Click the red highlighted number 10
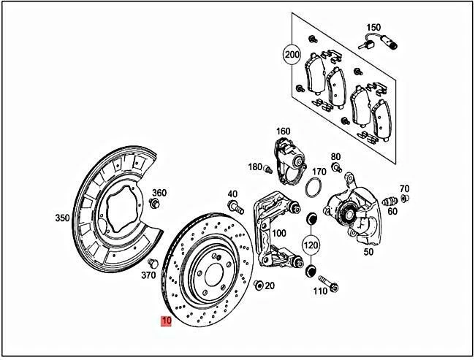[x=166, y=320]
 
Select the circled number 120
[x=312, y=245]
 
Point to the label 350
[x=63, y=218]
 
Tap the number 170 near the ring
[x=318, y=172]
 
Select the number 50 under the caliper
[x=368, y=252]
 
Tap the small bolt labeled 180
[x=267, y=170]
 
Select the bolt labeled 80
[x=337, y=167]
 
